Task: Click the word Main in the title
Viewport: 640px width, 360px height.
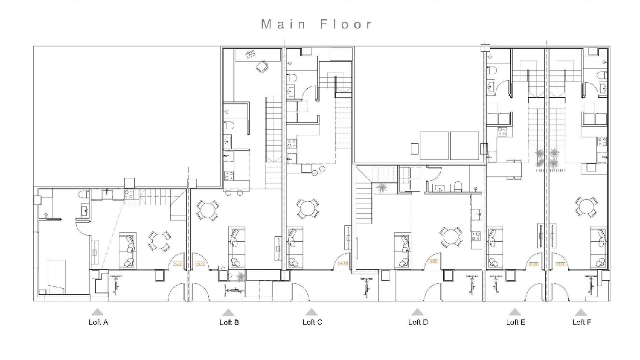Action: pos(283,24)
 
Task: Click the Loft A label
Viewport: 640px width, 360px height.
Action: pos(98,322)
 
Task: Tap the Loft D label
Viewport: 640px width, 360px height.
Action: pos(418,322)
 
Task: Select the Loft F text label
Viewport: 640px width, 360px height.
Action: pos(582,322)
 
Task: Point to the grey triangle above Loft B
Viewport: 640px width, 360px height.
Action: pos(228,313)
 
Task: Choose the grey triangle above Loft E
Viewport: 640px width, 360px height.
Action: pos(515,312)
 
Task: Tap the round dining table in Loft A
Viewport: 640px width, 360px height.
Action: pos(160,241)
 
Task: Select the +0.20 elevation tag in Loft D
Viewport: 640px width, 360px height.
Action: pos(433,261)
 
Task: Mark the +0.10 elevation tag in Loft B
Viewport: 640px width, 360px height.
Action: pos(200,264)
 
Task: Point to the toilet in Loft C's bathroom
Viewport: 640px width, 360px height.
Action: pos(292,78)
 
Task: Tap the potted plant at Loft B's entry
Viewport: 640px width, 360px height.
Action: pos(240,276)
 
